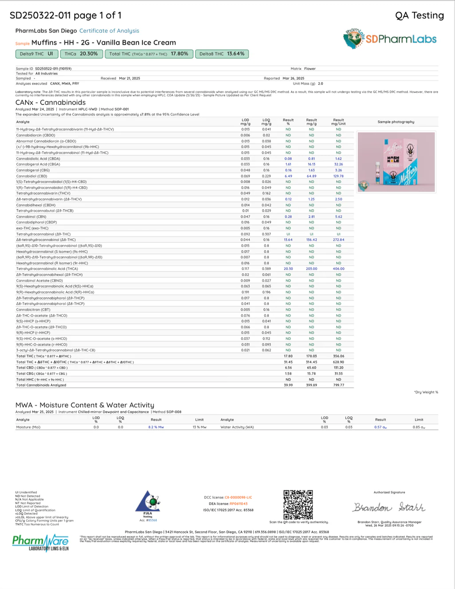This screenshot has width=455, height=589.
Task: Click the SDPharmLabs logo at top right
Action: [x=390, y=39]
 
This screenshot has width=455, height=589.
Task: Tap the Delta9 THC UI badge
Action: [x=37, y=54]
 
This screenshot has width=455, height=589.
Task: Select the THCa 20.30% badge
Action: [x=82, y=54]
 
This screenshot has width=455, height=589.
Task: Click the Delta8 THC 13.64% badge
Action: [x=222, y=54]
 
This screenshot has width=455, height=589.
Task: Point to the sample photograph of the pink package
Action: [x=396, y=162]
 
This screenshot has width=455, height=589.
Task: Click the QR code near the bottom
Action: [x=298, y=504]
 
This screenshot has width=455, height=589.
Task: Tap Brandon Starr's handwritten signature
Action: [x=389, y=507]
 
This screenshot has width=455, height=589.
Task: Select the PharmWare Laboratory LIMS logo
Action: [x=40, y=543]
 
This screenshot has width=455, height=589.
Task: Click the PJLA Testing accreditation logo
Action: [x=148, y=505]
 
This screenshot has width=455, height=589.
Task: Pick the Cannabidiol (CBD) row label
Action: [x=31, y=176]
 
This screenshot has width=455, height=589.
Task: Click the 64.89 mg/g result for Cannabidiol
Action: [x=311, y=176]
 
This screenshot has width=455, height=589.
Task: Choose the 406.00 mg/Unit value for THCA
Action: [x=338, y=269]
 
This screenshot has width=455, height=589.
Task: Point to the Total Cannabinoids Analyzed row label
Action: [x=41, y=385]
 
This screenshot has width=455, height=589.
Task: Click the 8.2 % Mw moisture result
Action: [x=156, y=427]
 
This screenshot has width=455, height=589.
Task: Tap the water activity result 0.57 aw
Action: [x=380, y=427]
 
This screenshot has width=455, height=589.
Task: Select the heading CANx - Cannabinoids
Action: [x=51, y=102]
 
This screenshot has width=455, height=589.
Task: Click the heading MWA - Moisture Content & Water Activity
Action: [x=85, y=405]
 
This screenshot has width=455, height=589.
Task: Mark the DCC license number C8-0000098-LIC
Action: [x=238, y=497]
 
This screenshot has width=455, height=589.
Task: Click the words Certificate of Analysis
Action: [x=109, y=31]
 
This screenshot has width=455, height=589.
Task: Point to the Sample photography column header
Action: [x=396, y=122]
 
